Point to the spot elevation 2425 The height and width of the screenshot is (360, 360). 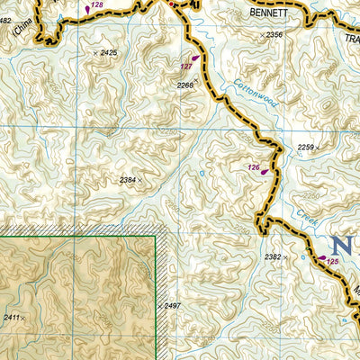pos(108,54)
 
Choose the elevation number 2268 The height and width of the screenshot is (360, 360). pos(185,85)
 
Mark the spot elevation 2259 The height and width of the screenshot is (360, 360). pos(306,148)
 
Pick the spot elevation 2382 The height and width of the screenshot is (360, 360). pos(274,257)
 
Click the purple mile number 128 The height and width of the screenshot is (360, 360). pos(96,5)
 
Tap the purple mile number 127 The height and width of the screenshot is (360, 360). pos(186,67)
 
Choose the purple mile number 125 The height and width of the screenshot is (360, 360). pos(333,261)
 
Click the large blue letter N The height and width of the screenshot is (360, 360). pos(341,245)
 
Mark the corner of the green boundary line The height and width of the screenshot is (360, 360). pos(156,237)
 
